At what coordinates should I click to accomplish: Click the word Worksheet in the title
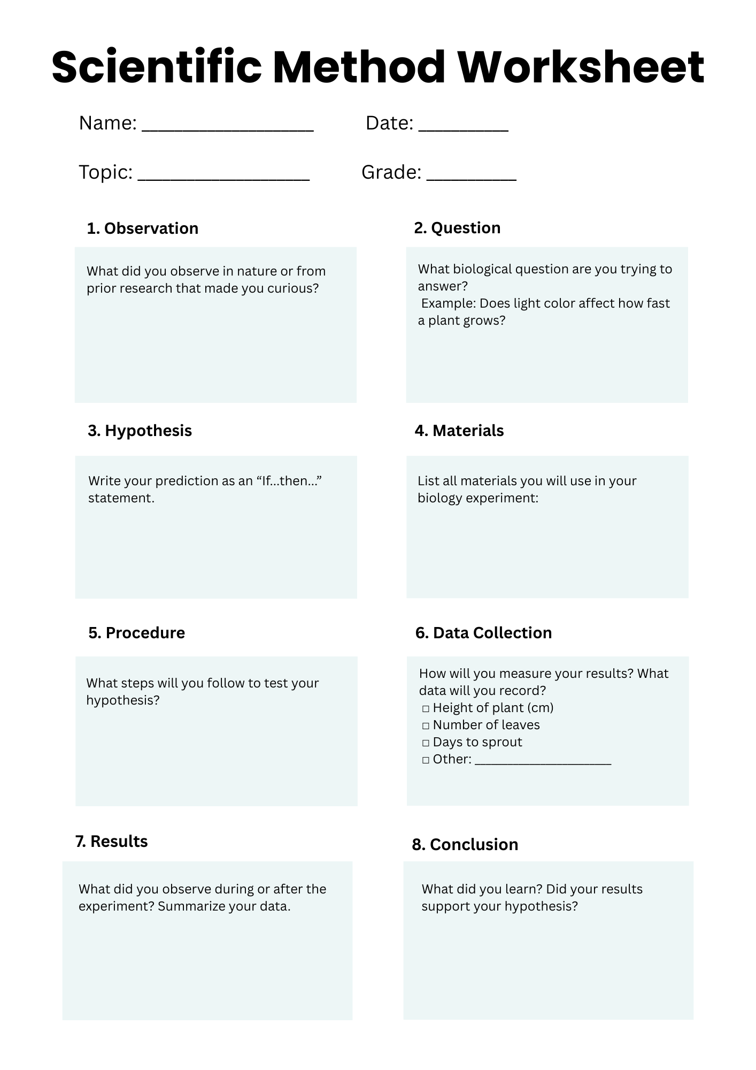[x=581, y=67]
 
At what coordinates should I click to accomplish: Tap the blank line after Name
[x=227, y=128]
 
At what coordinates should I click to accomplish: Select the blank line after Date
[x=463, y=128]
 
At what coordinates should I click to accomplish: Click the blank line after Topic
[x=223, y=178]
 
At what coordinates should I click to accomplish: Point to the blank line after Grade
[x=471, y=178]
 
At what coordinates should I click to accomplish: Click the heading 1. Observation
[x=142, y=228]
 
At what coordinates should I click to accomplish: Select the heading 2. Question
[x=457, y=228]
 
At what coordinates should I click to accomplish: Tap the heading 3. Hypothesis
[x=140, y=431]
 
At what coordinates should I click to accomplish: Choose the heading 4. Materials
[x=459, y=431]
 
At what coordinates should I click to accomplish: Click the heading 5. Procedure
[x=136, y=633]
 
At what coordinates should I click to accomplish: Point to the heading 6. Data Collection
[x=483, y=633]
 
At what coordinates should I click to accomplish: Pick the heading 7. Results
[x=111, y=842]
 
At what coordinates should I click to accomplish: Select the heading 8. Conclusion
[x=465, y=845]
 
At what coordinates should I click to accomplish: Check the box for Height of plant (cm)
[x=426, y=709]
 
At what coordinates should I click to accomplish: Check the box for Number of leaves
[x=426, y=726]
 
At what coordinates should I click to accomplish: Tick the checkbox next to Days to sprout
[x=426, y=743]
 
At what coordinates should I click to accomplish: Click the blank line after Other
[x=543, y=762]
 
